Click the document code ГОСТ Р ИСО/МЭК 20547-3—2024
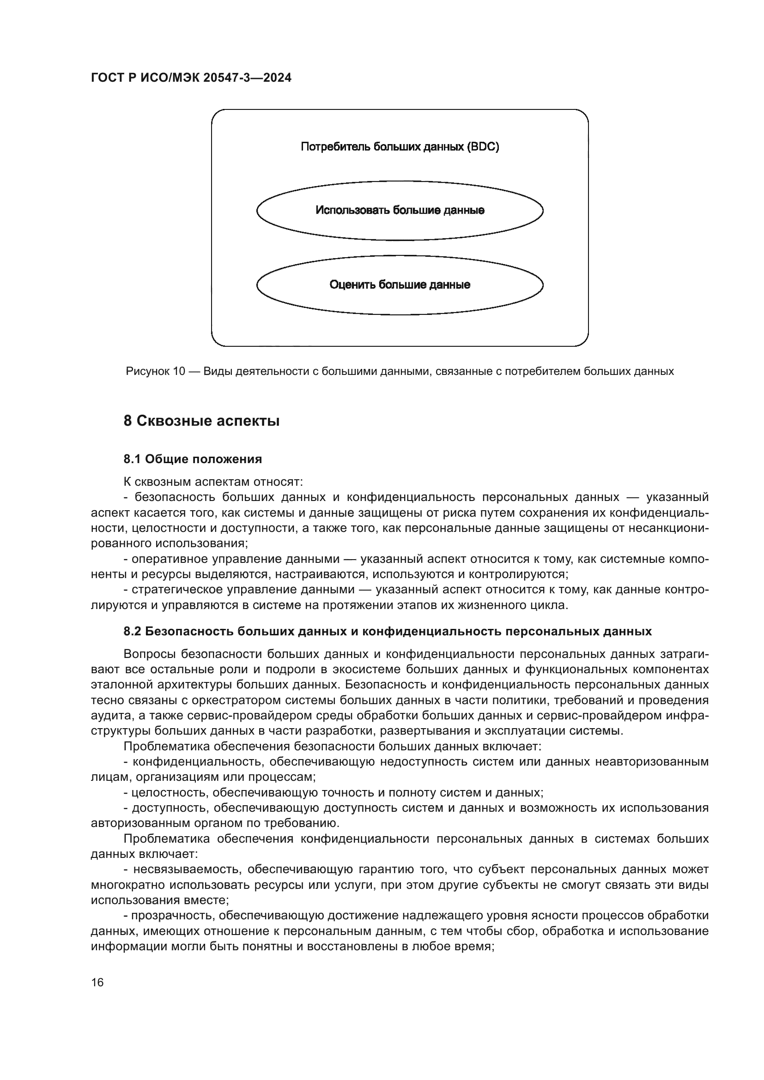click(191, 78)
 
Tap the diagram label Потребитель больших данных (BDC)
click(400, 147)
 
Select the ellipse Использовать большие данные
click(400, 210)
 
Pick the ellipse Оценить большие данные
click(400, 284)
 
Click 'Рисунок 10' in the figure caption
click(155, 372)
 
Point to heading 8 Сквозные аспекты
click(201, 421)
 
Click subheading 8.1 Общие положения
click(193, 459)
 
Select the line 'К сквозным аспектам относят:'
click(213, 482)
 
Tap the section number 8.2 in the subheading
click(132, 631)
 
